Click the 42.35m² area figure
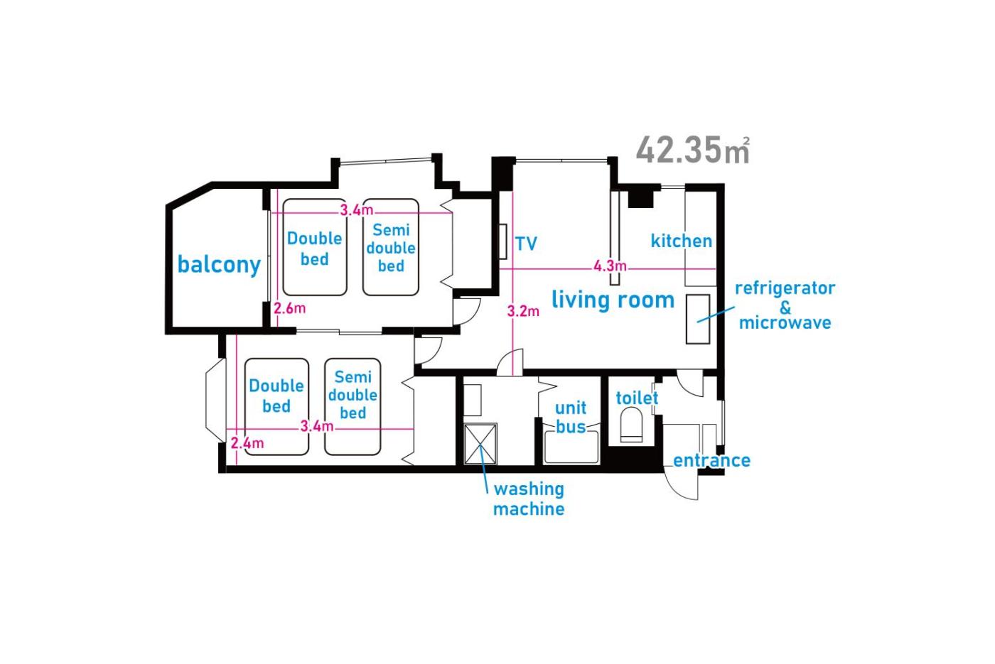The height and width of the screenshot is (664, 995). tap(693, 150)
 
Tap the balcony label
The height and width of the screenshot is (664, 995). tap(219, 265)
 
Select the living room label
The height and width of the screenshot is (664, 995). tap(613, 300)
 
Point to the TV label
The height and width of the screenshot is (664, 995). tap(527, 243)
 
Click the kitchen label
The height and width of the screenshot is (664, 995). tap(682, 241)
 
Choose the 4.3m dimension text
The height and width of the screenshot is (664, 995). tap(610, 266)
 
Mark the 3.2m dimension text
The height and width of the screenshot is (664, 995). tap(523, 311)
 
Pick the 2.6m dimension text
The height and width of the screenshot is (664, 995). tap(290, 308)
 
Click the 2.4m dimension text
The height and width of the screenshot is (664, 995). tap(247, 442)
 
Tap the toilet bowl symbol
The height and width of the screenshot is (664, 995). tap(631, 425)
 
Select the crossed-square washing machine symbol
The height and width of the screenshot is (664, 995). tap(480, 444)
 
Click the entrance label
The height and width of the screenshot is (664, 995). tap(711, 460)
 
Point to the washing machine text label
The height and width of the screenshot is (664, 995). tap(529, 499)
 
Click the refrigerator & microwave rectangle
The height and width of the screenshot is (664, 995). tap(698, 319)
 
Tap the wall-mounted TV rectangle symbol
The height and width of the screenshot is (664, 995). tap(503, 241)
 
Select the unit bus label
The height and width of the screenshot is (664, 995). tap(571, 417)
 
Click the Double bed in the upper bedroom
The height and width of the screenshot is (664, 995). tap(314, 247)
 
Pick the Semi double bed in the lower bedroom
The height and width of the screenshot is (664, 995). tap(353, 406)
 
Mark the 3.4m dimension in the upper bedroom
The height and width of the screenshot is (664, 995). tap(357, 210)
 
